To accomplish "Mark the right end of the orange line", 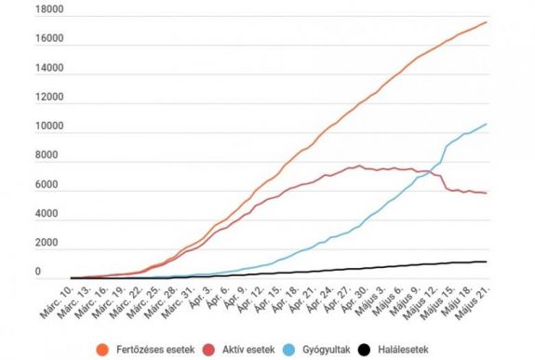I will (x=487, y=22).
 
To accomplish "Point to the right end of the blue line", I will (x=487, y=124).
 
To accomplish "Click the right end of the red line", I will (x=487, y=193).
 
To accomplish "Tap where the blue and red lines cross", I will (x=429, y=171).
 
